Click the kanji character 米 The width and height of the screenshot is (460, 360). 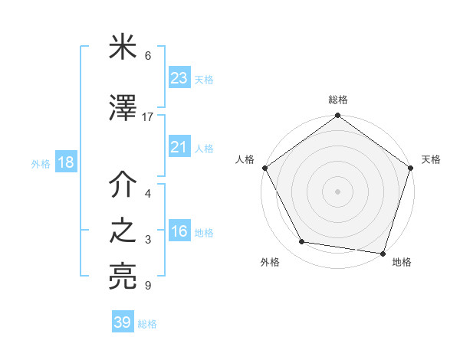pyautogui.click(x=123, y=51)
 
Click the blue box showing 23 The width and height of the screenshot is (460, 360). pyautogui.click(x=179, y=77)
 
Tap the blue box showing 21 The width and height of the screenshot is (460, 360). pyautogui.click(x=179, y=147)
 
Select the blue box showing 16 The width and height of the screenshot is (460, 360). pyautogui.click(x=179, y=232)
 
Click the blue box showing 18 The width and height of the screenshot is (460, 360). pyautogui.click(x=65, y=163)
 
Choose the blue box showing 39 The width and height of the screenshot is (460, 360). pyautogui.click(x=122, y=322)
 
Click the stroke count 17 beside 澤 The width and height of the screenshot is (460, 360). pyautogui.click(x=148, y=117)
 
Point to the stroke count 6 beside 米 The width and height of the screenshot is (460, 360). pyautogui.click(x=148, y=56)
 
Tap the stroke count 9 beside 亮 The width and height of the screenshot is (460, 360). pyautogui.click(x=148, y=286)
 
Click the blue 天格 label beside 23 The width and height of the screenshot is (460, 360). pyautogui.click(x=204, y=79)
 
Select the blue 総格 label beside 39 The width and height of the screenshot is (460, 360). pyautogui.click(x=147, y=324)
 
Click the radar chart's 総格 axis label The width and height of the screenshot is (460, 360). pyautogui.click(x=337, y=100)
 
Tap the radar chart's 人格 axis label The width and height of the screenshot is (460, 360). pyautogui.click(x=245, y=159)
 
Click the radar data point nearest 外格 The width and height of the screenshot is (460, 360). pyautogui.click(x=302, y=242)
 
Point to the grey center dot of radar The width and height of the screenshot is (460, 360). pyautogui.click(x=337, y=191)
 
